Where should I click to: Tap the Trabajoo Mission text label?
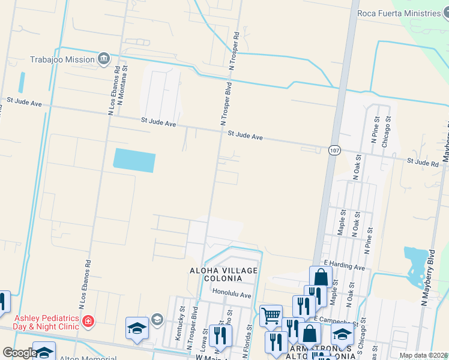62,59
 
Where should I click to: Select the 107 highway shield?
334,150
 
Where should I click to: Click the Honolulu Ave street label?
231,295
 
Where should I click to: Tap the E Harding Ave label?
345,266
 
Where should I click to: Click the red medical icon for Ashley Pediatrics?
88,322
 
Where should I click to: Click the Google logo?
19,353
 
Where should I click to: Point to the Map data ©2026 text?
423,355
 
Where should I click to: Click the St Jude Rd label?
423,162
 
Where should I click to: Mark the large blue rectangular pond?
134,160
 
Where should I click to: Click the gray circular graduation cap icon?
157,318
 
